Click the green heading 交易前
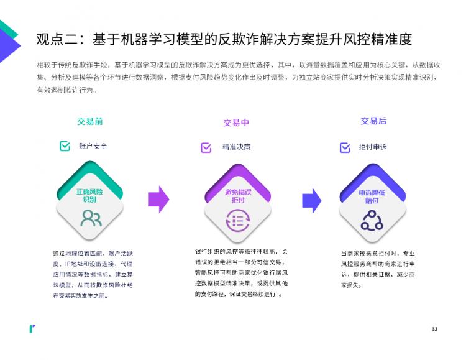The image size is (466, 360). [x=90, y=121]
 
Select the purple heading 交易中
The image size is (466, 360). [x=236, y=122]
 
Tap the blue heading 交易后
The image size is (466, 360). [x=373, y=121]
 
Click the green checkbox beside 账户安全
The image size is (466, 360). [x=65, y=146]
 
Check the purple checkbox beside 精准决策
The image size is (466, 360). [x=206, y=147]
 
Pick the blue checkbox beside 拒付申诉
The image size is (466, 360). [x=345, y=147]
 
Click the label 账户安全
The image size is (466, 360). [x=93, y=146]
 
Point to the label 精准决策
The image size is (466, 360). [x=237, y=147]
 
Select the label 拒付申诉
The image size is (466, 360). [x=373, y=147]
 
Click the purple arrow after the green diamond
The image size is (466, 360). [x=159, y=200]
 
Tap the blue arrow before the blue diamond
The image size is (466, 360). [x=312, y=201]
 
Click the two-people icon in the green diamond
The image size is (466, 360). [x=91, y=218]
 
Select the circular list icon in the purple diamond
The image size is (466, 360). [x=238, y=221]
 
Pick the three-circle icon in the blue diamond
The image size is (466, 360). [x=372, y=221]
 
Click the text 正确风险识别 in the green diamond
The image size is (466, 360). [x=89, y=195]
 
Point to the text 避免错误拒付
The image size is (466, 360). [x=238, y=196]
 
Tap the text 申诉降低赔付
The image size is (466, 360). [x=372, y=196]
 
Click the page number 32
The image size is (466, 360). [x=434, y=329]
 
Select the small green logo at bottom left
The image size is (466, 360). [x=32, y=328]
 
